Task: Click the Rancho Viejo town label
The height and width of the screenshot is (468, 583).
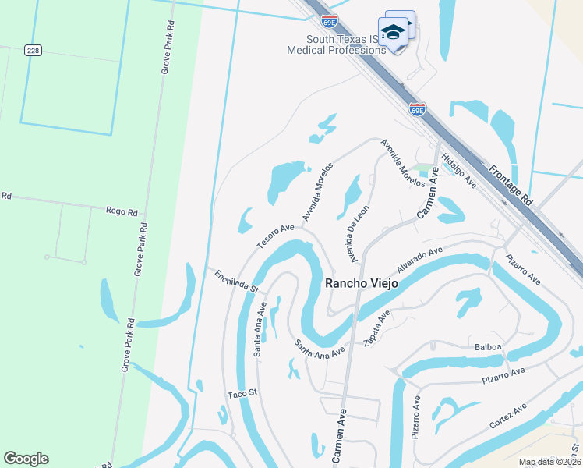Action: pos(361,283)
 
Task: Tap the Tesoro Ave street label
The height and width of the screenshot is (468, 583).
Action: pos(275,237)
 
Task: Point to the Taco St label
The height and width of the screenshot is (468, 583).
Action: pos(242,394)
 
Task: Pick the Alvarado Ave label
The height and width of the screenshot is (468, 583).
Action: pos(419,258)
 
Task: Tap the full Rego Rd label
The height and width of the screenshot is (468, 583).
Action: pos(122,211)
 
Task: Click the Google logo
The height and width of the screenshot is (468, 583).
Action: pos(26,459)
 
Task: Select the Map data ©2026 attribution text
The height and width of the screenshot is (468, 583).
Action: pos(549,462)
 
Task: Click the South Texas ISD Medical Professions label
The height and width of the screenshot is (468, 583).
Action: pos(336,44)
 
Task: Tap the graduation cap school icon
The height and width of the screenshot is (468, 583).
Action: pos(394,32)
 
